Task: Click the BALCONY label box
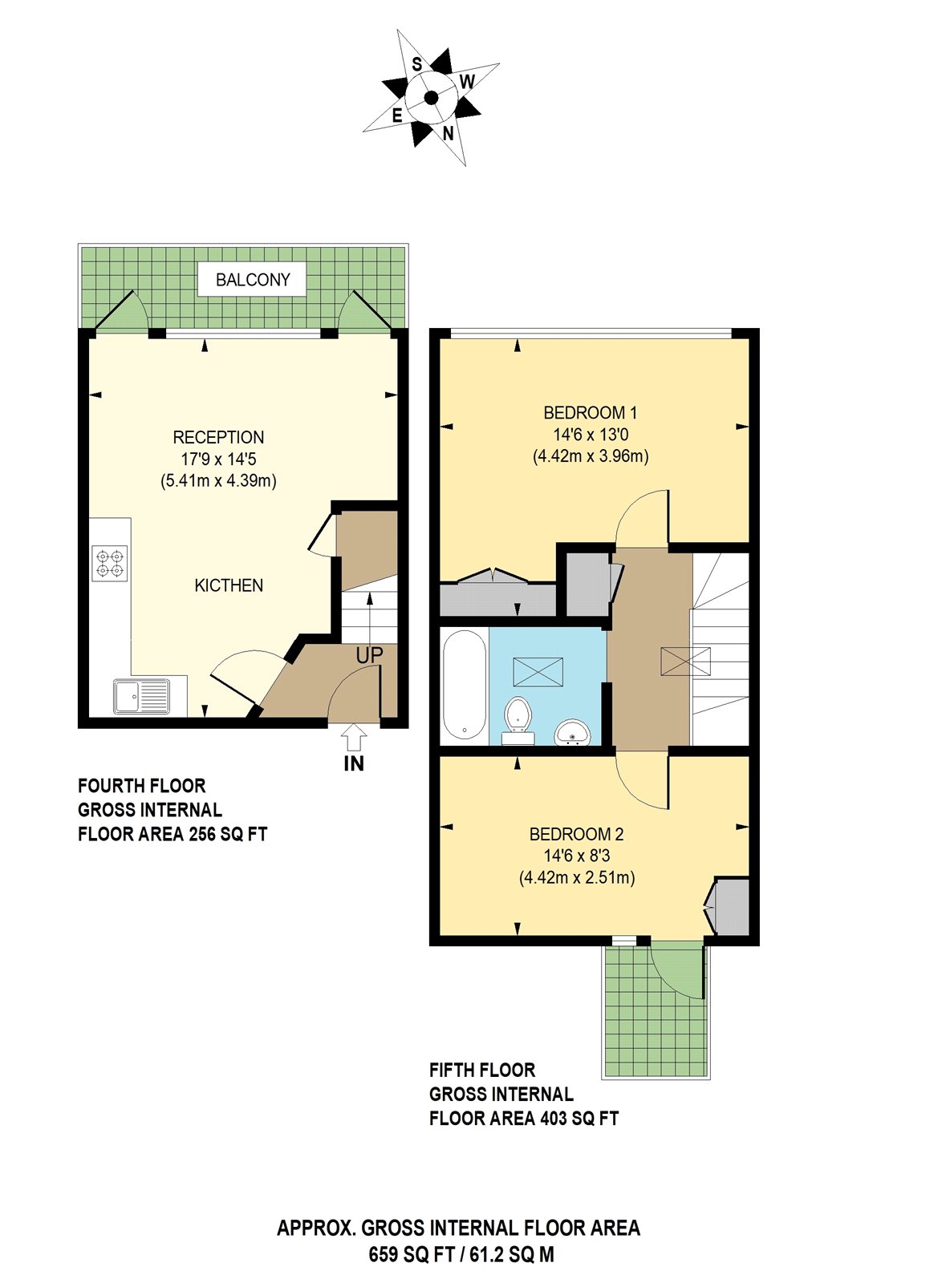click(x=252, y=279)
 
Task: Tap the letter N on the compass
click(x=448, y=134)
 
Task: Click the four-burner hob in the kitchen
click(x=110, y=563)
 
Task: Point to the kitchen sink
click(x=141, y=696)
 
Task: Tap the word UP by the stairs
click(x=369, y=655)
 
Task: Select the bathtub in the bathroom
click(x=464, y=685)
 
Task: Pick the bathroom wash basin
click(x=572, y=731)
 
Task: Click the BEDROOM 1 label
click(x=590, y=413)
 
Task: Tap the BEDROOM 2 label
click(x=576, y=834)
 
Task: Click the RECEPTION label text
click(x=218, y=437)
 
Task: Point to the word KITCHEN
click(x=229, y=585)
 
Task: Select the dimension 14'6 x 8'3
click(x=576, y=856)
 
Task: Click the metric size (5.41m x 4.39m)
click(x=218, y=481)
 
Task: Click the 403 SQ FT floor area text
click(x=579, y=1118)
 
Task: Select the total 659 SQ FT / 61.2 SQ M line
click(x=461, y=1254)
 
